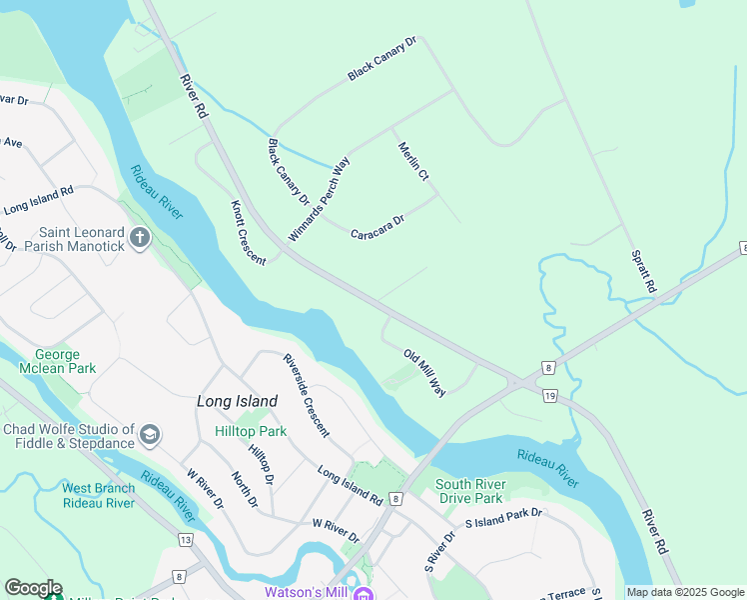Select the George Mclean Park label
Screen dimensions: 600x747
[x=65, y=361]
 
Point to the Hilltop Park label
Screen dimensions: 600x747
[x=251, y=431]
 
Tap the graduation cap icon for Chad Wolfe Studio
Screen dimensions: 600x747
[x=149, y=433]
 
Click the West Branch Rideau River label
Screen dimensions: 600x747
[x=98, y=495]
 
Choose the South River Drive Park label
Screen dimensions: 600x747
[x=469, y=491]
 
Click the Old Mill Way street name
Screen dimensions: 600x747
[x=424, y=372]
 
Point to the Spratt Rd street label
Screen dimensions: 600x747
[x=643, y=271]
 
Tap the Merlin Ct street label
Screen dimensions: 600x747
[x=412, y=162]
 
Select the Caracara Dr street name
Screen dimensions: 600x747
[x=377, y=227]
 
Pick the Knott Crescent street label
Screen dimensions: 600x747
[x=249, y=232]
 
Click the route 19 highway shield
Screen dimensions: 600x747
[x=550, y=396]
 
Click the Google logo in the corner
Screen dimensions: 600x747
[x=33, y=588]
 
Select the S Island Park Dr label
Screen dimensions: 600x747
[x=503, y=518]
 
